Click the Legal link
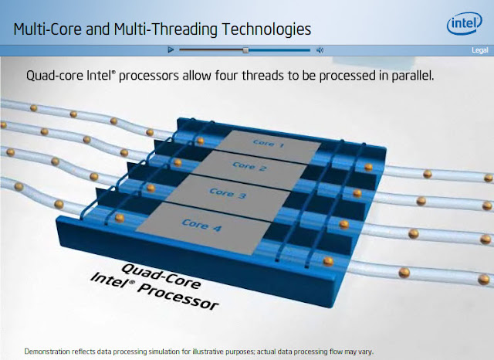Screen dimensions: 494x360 tap(478, 50)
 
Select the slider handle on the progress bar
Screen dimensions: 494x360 tap(245, 50)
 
